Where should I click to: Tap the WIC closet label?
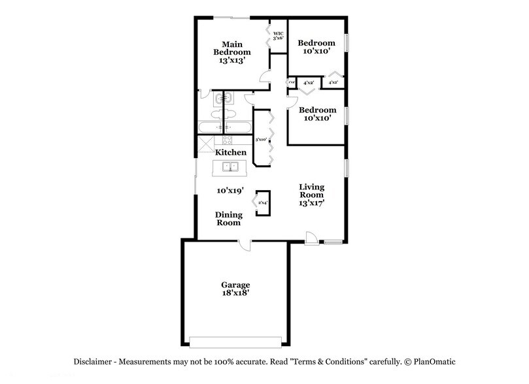coord(277,36)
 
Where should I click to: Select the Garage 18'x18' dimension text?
coord(235,294)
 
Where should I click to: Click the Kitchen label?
coord(231,152)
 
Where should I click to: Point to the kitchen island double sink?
coord(231,168)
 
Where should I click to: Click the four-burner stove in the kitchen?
coord(228,139)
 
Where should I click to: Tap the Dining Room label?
coord(228,219)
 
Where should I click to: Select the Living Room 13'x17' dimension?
coord(312,203)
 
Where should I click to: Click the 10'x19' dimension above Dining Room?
coord(230,191)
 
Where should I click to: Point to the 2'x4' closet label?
coord(262,203)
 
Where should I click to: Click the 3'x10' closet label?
coord(260,139)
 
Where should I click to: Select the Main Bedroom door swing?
coord(265,77)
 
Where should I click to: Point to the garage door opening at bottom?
coord(235,342)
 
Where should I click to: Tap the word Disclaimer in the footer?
coord(91,361)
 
